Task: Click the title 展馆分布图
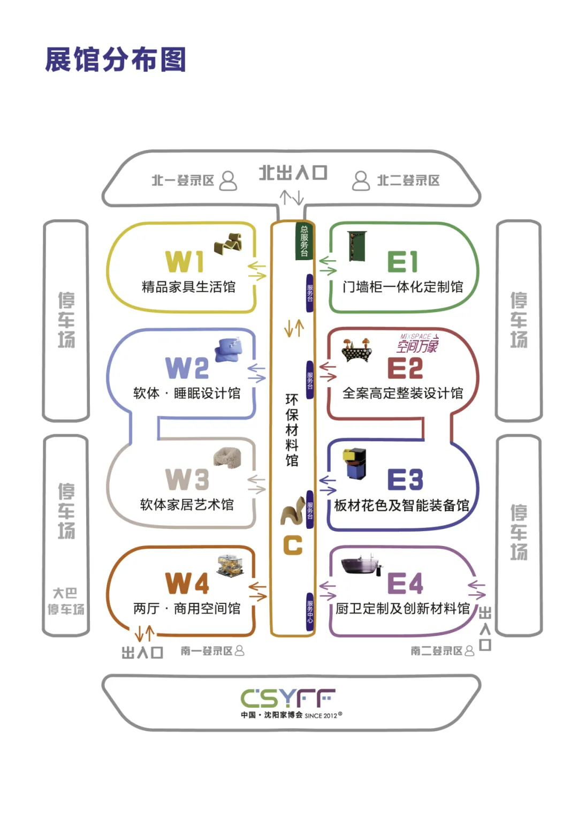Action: [116, 59]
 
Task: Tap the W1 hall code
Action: [185, 262]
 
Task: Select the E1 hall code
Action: [402, 262]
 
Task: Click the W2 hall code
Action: [187, 368]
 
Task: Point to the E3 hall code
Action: [405, 479]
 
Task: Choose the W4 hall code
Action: [187, 583]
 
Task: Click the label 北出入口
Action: [293, 173]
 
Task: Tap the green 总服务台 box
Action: [304, 241]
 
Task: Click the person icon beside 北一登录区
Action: [229, 181]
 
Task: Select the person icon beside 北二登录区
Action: [361, 181]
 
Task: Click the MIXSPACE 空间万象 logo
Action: [417, 344]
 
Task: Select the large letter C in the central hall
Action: [293, 545]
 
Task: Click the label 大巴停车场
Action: [65, 601]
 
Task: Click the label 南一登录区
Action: [207, 651]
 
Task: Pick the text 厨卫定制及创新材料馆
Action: [402, 609]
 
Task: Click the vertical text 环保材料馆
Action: [292, 430]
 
